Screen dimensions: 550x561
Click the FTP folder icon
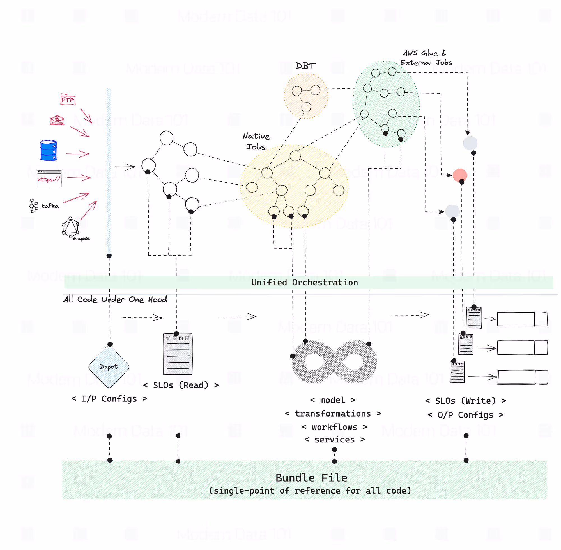68,99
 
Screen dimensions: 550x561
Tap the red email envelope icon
57,120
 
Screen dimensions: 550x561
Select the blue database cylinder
49,151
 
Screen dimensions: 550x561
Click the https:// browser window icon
49,179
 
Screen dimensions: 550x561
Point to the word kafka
50,206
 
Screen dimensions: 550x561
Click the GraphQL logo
71,227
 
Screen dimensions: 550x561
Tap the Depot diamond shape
109,367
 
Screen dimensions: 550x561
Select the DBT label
305,66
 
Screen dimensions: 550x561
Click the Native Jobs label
256,141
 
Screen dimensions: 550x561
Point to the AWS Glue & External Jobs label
426,58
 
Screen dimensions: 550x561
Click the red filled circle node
459,175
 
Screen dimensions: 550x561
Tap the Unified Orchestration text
305,283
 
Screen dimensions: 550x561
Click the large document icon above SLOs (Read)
178,354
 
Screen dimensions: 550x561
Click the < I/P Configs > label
109,399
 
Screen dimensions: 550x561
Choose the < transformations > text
333,414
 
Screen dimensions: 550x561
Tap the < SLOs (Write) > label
466,401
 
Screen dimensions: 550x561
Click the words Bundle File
311,478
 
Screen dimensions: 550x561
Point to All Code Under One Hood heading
115,299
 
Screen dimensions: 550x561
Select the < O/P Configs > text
466,415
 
